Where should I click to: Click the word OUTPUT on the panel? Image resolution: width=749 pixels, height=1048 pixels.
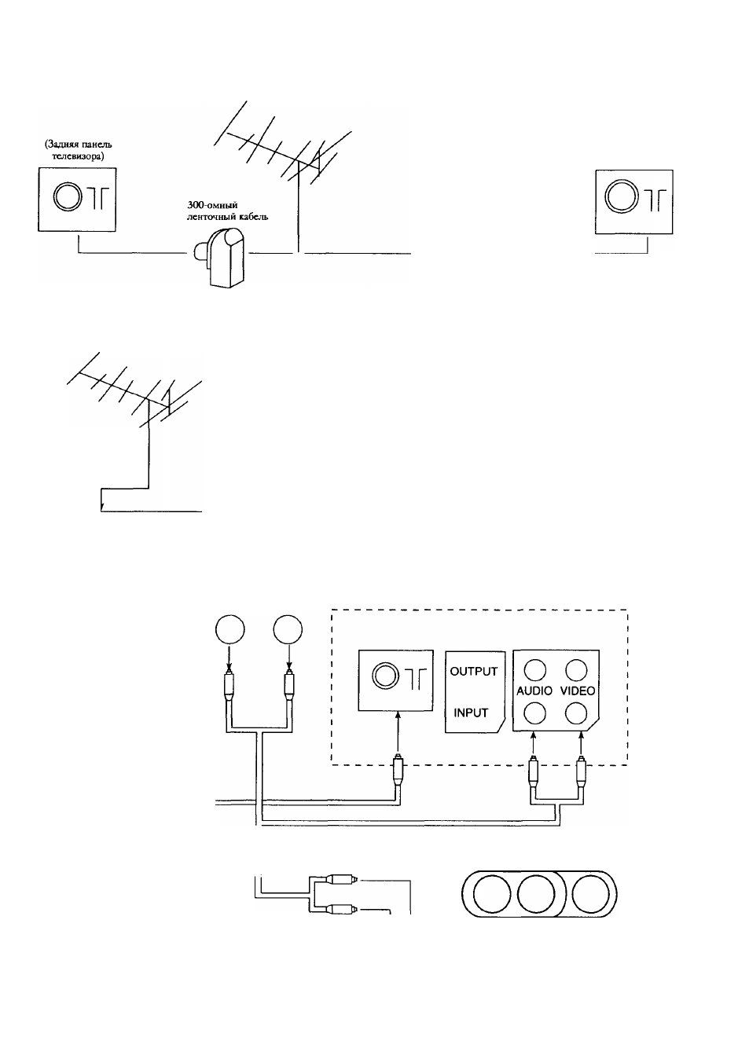473,672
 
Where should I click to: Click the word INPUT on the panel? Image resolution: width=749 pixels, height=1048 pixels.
471,713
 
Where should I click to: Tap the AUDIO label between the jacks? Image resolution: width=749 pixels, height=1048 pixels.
534,691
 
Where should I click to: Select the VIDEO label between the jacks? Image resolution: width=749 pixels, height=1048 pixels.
578,691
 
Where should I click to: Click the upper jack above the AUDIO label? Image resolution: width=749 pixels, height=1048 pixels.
534,670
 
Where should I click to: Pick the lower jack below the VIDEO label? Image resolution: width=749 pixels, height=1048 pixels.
576,714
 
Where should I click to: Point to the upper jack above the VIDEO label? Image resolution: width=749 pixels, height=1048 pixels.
576,670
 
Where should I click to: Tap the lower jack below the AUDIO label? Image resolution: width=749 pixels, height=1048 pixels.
534,714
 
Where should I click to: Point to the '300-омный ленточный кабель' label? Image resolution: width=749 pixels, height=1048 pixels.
227,211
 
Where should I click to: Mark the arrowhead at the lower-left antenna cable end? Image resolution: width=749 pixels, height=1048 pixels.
102,508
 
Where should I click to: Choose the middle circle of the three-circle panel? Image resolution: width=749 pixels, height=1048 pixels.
536,893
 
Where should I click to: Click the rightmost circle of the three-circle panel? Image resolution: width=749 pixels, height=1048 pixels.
590,893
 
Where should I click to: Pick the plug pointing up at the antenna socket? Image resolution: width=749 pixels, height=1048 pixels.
398,772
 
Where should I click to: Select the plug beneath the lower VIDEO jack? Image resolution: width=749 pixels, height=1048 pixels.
581,772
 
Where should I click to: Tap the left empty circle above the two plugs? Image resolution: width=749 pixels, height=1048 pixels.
229,629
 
